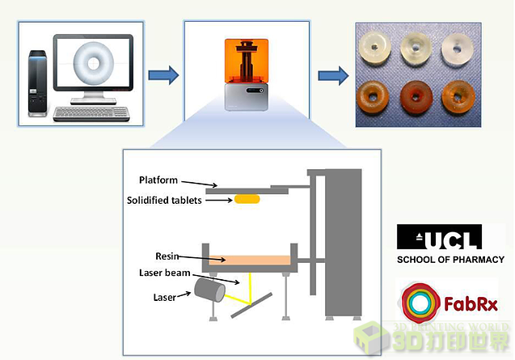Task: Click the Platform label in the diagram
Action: pos(158,180)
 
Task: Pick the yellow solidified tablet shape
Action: pos(248,199)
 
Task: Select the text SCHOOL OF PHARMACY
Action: pos(450,260)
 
